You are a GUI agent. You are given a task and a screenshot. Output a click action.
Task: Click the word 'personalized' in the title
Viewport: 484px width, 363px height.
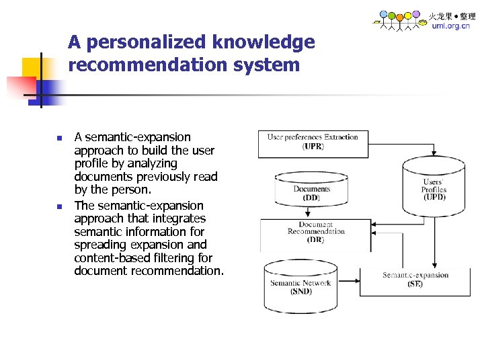click(147, 42)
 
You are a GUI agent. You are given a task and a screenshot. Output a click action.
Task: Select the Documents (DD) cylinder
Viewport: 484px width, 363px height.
click(311, 192)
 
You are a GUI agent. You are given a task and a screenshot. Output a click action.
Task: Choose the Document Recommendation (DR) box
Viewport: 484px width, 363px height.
click(315, 232)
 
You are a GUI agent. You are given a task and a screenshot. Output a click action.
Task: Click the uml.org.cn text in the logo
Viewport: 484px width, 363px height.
click(450, 26)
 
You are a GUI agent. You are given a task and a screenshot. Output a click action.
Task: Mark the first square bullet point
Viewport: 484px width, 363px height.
click(59, 138)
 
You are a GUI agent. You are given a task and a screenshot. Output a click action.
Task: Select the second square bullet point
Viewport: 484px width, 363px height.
click(59, 207)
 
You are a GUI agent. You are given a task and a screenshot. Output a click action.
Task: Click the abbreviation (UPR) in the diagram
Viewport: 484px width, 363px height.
click(313, 146)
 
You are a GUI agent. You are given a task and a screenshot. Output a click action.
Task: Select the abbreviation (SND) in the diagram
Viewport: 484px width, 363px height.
click(300, 292)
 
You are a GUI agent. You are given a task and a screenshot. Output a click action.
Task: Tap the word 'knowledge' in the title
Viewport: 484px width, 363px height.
click(264, 42)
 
